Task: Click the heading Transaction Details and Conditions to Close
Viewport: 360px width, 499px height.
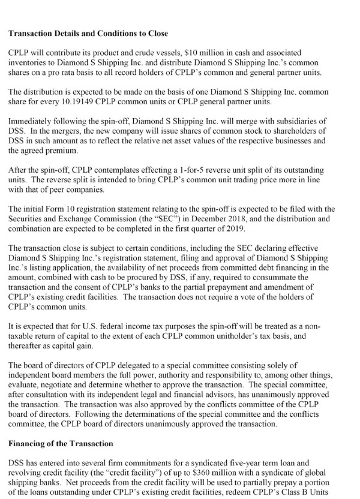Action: [88, 34]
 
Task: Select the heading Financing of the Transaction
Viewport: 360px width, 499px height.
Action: [61, 444]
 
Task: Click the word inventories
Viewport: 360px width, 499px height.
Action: [26, 63]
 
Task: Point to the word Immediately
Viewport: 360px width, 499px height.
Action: [28, 121]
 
